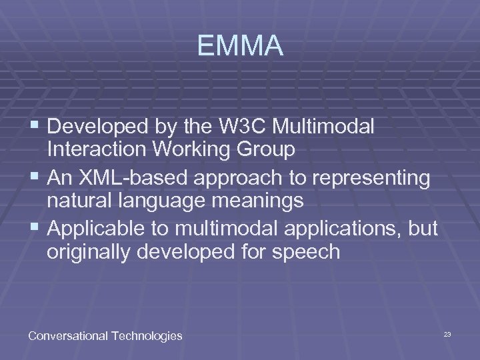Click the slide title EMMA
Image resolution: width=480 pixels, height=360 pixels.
(x=240, y=47)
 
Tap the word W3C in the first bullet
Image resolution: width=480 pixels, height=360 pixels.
(x=248, y=126)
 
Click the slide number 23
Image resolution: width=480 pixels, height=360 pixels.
(x=447, y=333)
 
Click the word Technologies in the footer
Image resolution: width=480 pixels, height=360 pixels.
(x=143, y=336)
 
